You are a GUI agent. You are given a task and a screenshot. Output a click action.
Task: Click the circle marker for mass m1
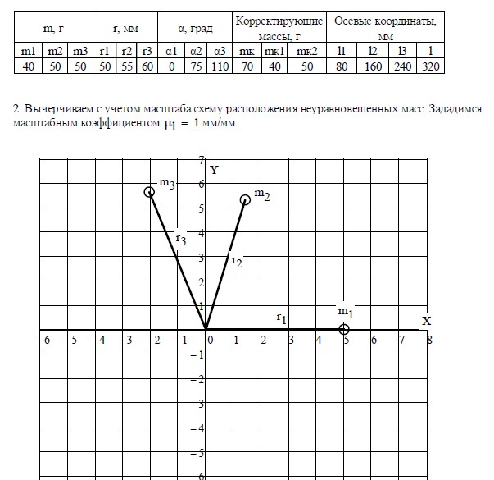tap(345, 329)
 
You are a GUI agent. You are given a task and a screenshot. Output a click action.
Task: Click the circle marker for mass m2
tap(245, 199)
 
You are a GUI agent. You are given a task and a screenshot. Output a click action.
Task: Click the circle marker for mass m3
tap(149, 192)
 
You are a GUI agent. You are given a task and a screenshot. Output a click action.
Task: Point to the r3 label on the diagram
tap(181, 240)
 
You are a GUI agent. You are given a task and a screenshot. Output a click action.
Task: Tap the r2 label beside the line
tap(237, 261)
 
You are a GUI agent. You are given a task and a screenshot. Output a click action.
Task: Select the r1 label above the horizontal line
tap(281, 317)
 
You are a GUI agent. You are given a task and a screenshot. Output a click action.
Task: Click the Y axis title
tap(214, 170)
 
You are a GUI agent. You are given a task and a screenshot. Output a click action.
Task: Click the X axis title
tap(426, 321)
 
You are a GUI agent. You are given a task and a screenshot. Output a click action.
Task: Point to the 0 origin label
tap(210, 339)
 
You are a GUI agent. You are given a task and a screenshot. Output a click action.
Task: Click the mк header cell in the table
tap(247, 51)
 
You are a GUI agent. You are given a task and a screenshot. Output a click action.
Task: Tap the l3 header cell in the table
tap(402, 51)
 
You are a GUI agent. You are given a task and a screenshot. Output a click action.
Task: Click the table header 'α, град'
tap(197, 29)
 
